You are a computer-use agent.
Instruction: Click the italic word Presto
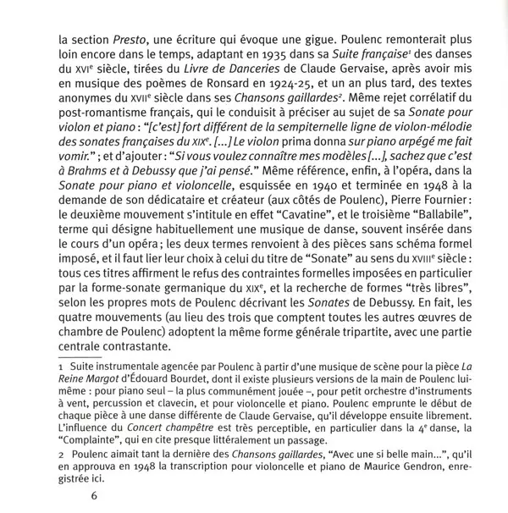tap(125, 37)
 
